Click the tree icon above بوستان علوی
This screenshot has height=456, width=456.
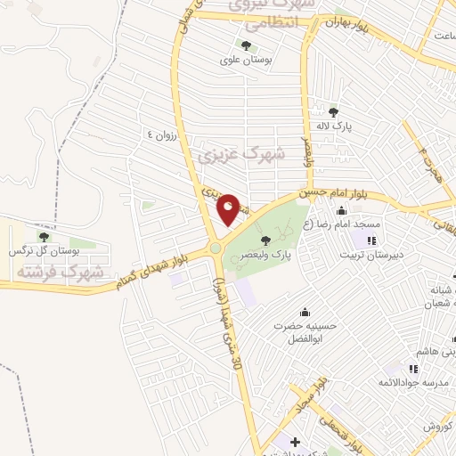(246, 45)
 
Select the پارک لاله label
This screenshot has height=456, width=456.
(338, 127)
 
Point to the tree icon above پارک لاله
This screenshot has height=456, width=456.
(333, 111)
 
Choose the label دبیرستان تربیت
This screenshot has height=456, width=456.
(371, 255)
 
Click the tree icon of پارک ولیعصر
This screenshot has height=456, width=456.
(265, 239)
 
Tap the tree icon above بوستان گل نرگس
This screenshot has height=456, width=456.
(45, 237)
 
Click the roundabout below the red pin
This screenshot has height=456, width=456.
(215, 248)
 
